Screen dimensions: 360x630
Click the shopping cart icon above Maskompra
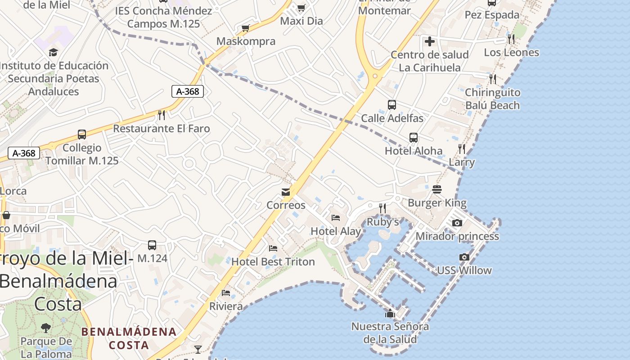246,28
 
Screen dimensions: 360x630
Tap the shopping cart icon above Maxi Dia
301,8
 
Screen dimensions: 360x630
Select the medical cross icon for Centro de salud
430,42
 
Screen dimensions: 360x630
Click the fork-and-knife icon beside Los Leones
511,39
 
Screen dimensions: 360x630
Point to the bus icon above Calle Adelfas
392,105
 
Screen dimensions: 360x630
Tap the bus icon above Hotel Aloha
414,138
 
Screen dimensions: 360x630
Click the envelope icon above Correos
286,192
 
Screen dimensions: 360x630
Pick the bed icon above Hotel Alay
336,218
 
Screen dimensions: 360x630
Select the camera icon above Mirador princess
457,223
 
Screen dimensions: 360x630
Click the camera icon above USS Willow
464,257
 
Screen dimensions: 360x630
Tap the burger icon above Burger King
437,189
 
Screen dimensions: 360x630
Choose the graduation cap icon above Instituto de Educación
54,52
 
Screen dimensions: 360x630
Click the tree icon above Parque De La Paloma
45,328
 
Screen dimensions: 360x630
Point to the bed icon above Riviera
226,293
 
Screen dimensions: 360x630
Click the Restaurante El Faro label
161,129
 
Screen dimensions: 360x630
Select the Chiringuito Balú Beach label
492,99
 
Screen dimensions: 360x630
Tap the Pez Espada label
492,15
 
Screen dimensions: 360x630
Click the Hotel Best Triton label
273,261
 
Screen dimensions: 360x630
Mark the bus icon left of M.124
152,245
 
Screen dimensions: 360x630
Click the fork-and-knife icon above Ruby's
382,208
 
